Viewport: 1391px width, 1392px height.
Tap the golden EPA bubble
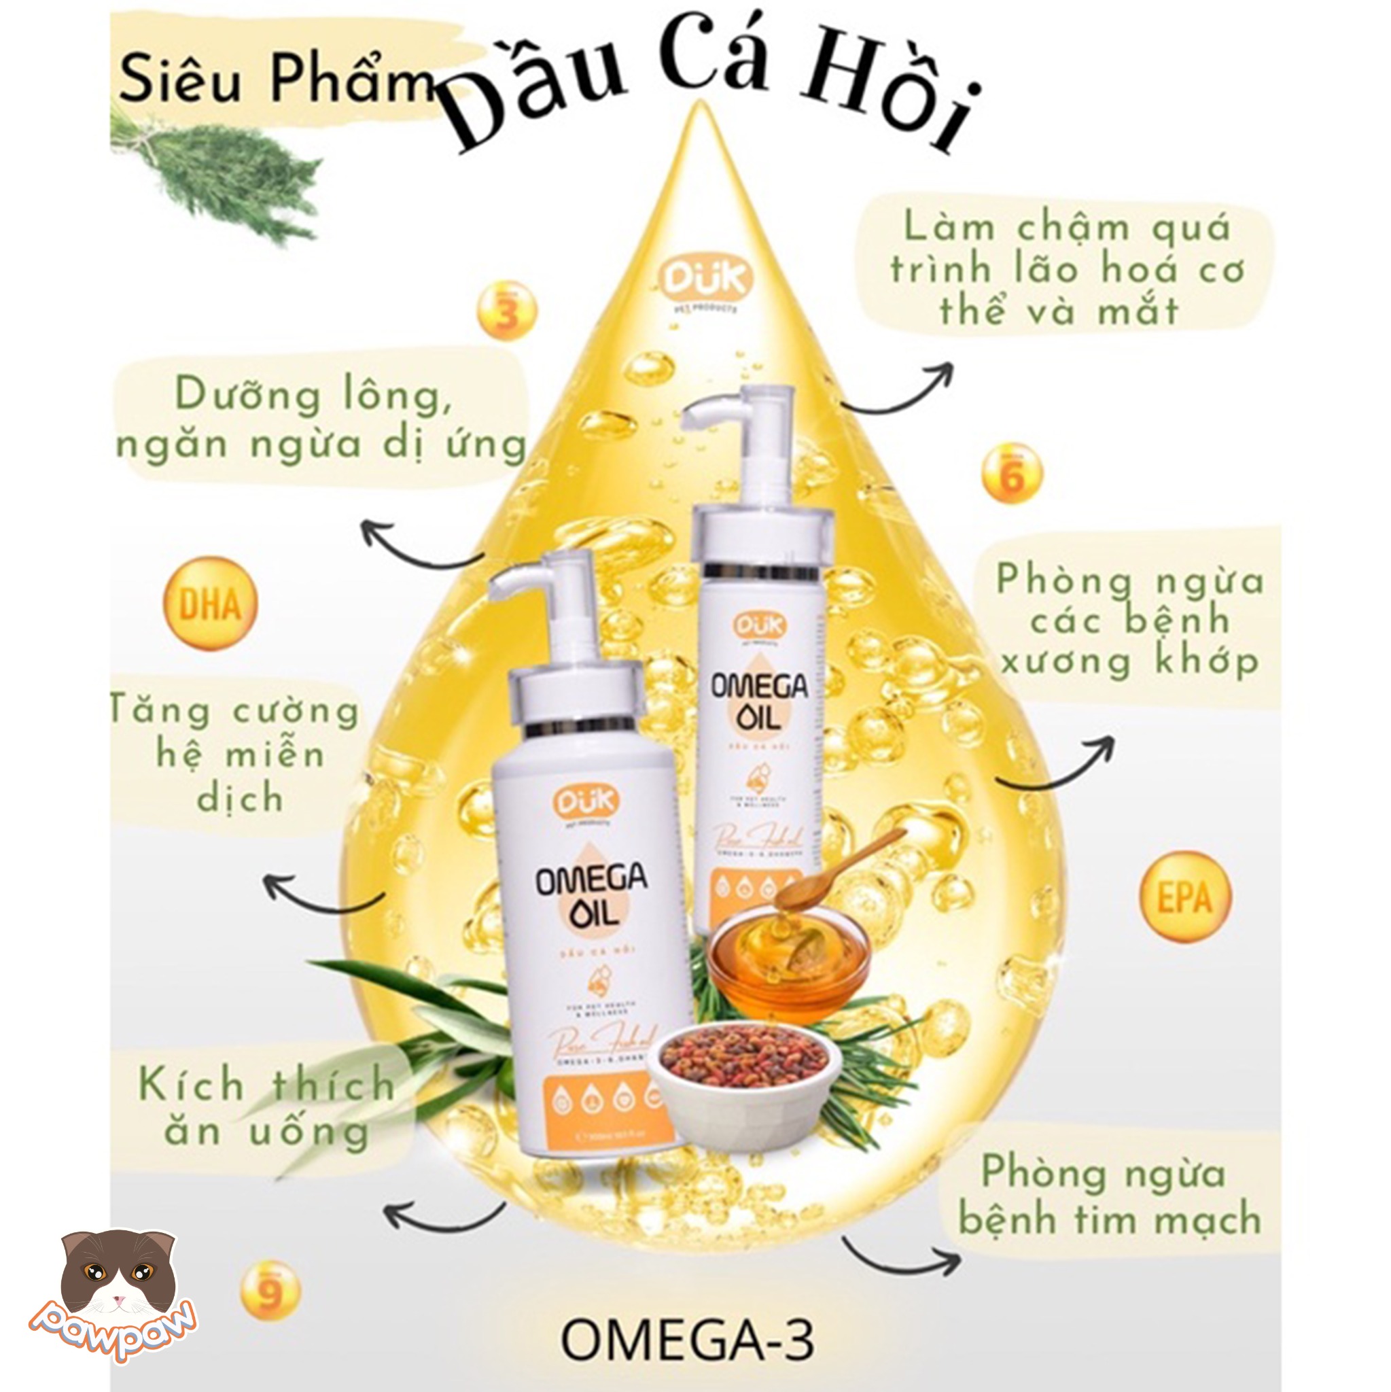[x=1184, y=897]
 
